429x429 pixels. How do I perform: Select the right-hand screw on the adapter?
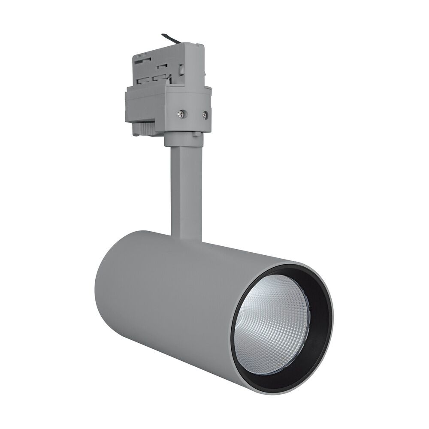(205, 115)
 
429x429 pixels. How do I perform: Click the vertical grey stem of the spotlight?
(185, 189)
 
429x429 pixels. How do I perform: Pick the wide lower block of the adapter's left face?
(144, 107)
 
